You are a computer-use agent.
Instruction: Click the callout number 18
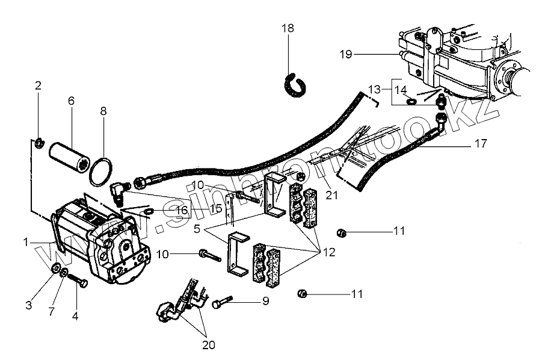pyautogui.click(x=288, y=29)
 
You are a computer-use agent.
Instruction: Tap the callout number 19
pyautogui.click(x=345, y=54)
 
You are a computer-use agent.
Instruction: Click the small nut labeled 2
pyautogui.click(x=37, y=142)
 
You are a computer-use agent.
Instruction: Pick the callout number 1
pyautogui.click(x=26, y=242)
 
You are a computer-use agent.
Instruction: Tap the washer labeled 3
pyautogui.click(x=55, y=269)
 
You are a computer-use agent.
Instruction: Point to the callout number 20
pyautogui.click(x=208, y=345)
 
